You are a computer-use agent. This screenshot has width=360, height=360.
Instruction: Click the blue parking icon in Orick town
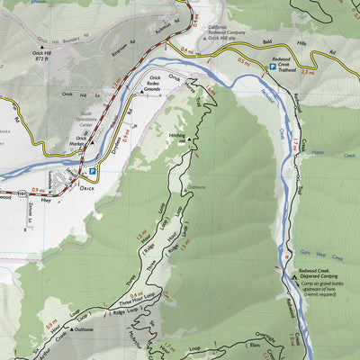click(92, 172)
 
